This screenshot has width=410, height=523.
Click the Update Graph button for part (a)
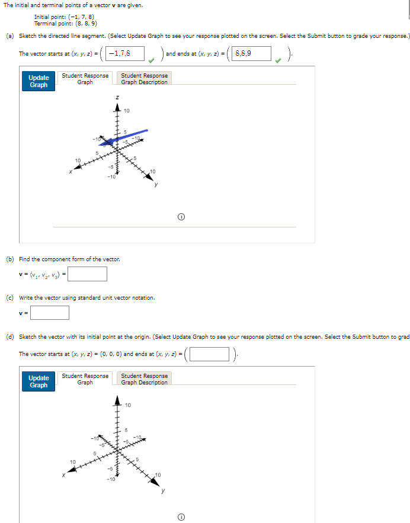(x=39, y=81)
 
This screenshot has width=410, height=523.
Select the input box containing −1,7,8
(x=126, y=54)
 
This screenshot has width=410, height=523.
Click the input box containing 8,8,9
(x=252, y=54)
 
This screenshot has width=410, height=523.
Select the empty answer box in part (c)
(x=50, y=312)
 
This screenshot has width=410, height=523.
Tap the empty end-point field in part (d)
(x=209, y=354)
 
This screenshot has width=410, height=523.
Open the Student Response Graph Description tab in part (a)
(x=145, y=79)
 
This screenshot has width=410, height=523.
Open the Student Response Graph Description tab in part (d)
(x=145, y=379)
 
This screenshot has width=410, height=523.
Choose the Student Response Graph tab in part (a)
(x=85, y=79)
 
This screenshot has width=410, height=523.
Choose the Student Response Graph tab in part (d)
(x=85, y=379)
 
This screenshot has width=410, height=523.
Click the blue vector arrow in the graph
(x=125, y=137)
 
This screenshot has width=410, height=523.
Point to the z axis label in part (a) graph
(x=117, y=97)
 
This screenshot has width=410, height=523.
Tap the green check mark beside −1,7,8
(x=153, y=59)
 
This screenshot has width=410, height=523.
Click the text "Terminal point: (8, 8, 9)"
(x=66, y=24)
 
